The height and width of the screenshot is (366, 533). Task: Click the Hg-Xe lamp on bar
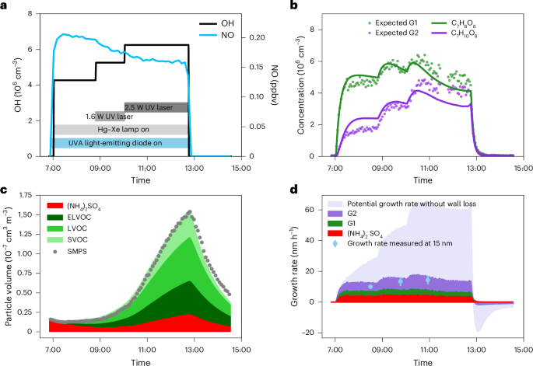[x=121, y=130]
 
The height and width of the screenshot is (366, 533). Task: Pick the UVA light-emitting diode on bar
[x=121, y=143]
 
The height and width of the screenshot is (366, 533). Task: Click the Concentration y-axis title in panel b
[x=301, y=84]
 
